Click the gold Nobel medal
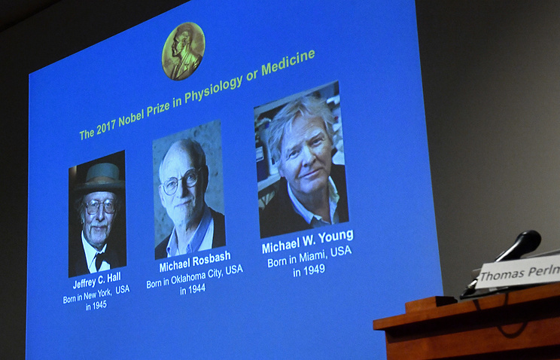coord(184,50)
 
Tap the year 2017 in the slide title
coord(106,127)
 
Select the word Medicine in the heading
coord(288,63)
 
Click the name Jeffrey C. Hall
coord(97,280)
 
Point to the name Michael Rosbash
coord(195,262)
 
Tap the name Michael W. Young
coord(308,241)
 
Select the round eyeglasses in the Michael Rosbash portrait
coord(181,182)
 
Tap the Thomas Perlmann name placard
coord(518,272)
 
